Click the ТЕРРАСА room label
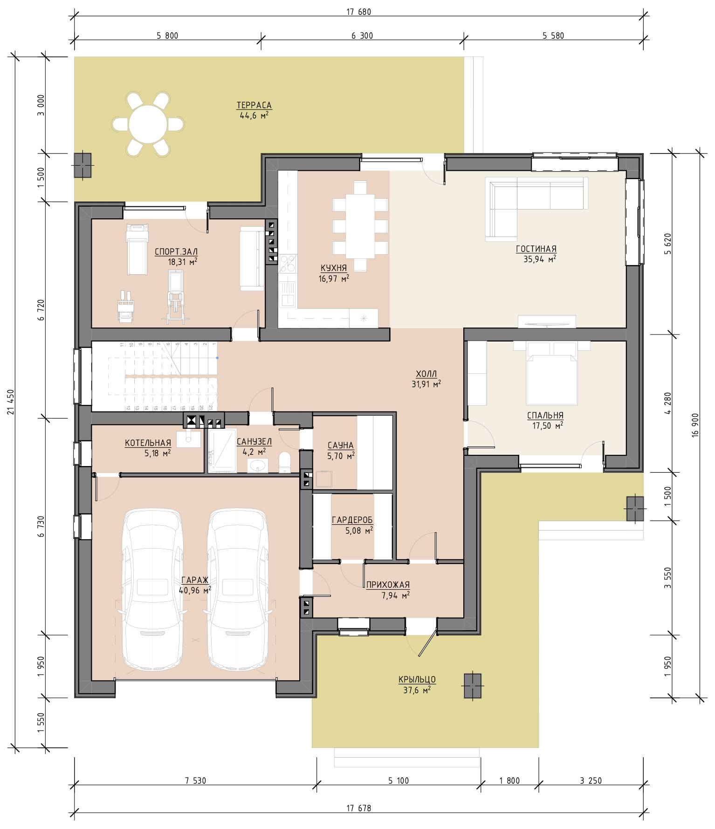coord(254,105)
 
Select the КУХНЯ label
coord(333,268)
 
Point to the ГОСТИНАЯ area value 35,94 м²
coord(539,259)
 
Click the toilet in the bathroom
coord(284,462)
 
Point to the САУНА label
coord(340,446)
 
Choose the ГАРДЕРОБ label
coord(352,520)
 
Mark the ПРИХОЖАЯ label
coord(388,585)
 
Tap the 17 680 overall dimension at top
coord(358,12)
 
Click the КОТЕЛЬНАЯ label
coord(148,443)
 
